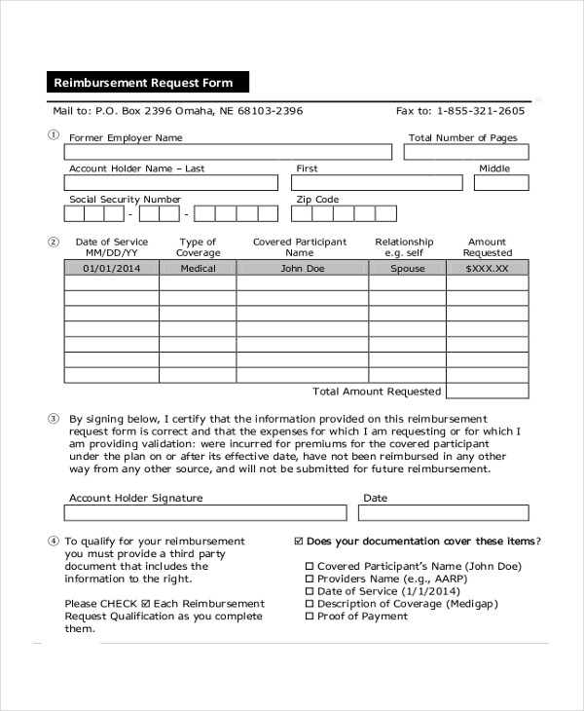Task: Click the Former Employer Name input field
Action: pos(228,152)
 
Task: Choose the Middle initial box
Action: pos(501,182)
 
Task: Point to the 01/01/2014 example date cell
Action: pos(111,268)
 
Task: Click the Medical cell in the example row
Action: pos(198,268)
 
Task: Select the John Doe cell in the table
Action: pos(303,268)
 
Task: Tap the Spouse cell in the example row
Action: pos(408,268)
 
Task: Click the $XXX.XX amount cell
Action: pos(487,268)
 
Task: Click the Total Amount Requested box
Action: pos(487,391)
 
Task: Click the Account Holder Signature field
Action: pos(205,512)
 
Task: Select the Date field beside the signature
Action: pos(445,512)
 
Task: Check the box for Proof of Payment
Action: pos(310,617)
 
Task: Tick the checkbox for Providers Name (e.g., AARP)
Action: pos(310,579)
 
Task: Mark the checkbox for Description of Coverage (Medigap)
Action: pos(310,604)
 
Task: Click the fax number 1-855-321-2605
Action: pos(480,111)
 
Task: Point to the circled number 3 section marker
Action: pos(54,418)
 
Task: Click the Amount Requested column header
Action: pos(487,247)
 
